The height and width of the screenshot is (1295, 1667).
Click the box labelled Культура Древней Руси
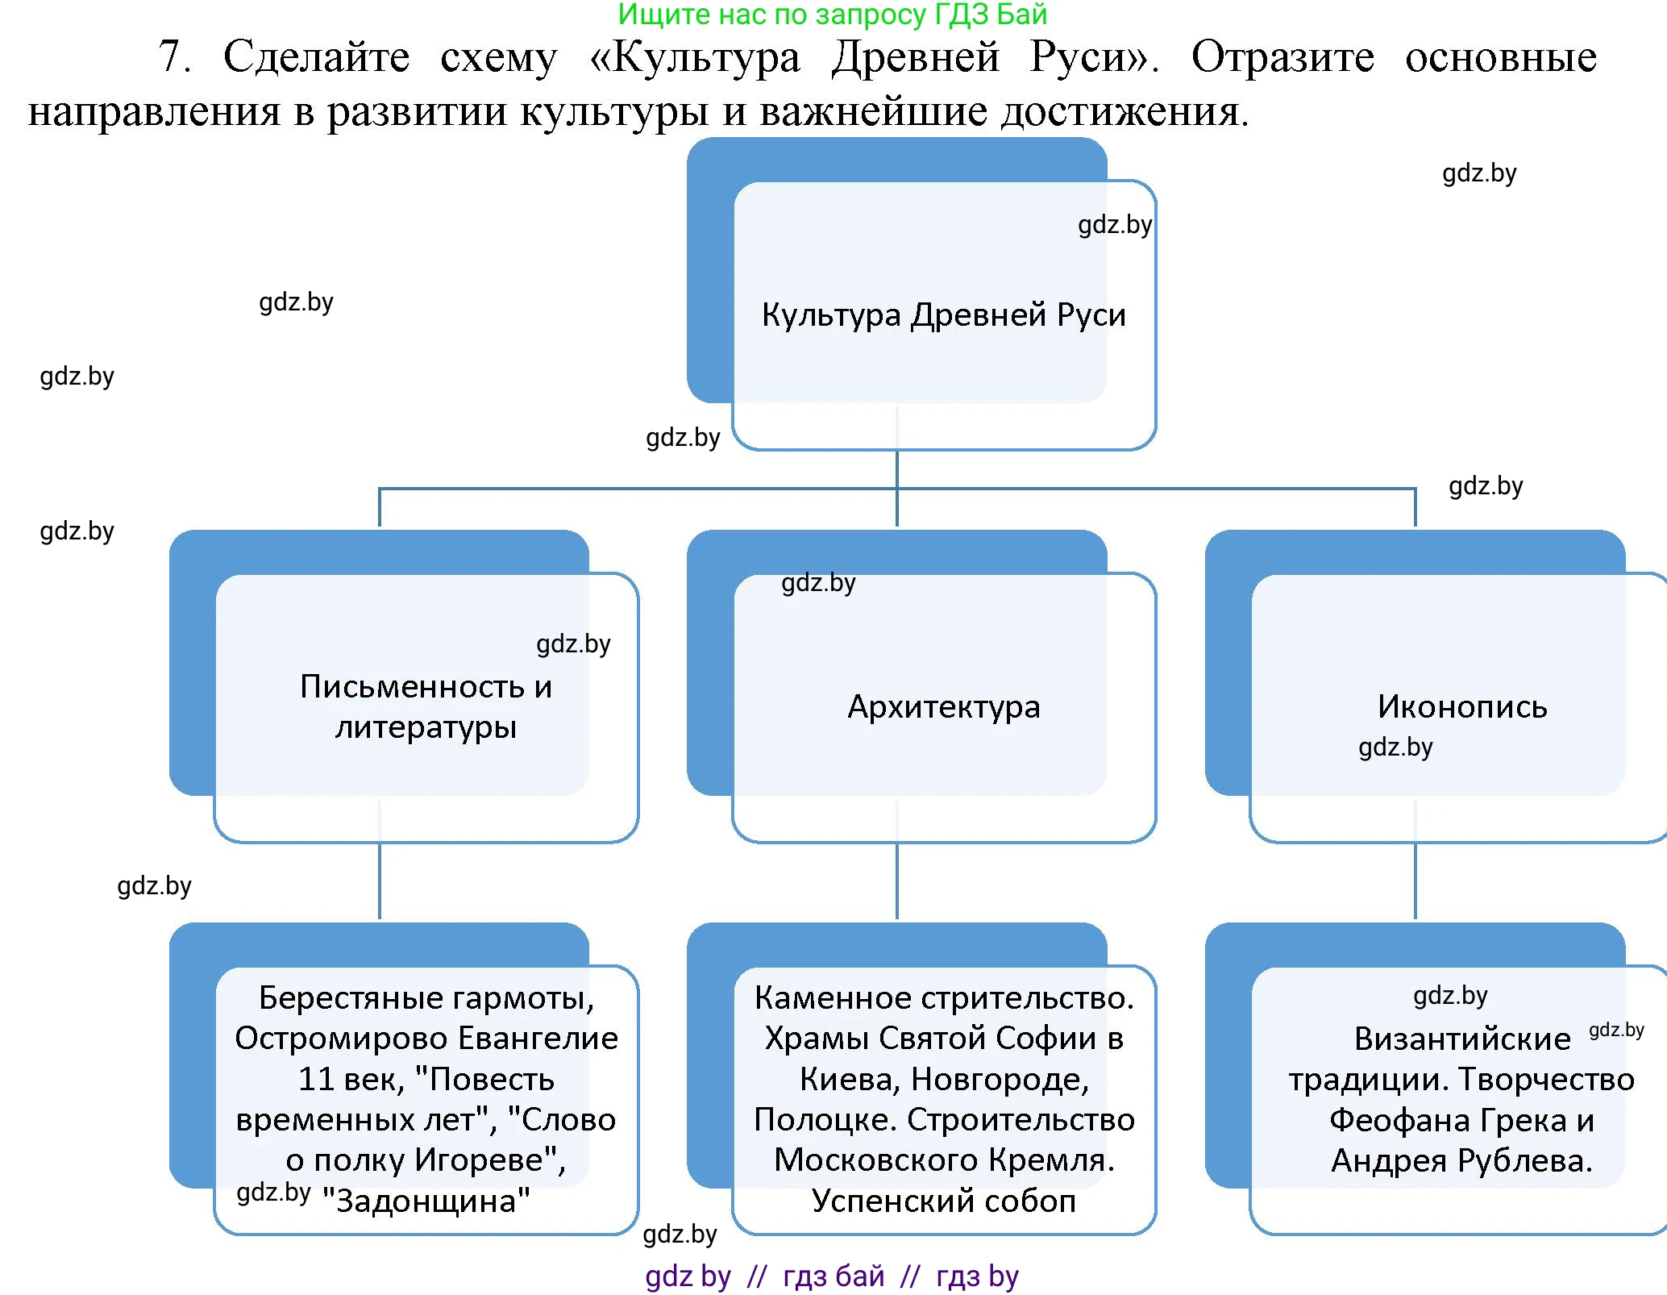[x=943, y=314]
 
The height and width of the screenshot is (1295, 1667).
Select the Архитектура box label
[x=943, y=707]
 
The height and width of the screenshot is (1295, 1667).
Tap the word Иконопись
[x=1462, y=707]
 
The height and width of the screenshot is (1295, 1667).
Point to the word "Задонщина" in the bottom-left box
[x=426, y=1201]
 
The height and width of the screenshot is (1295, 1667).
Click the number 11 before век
[x=316, y=1080]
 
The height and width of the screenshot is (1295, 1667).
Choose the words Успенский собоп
[x=943, y=1201]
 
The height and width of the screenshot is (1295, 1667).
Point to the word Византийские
[x=1462, y=1039]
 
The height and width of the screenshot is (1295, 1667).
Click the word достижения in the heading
[x=1124, y=111]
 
